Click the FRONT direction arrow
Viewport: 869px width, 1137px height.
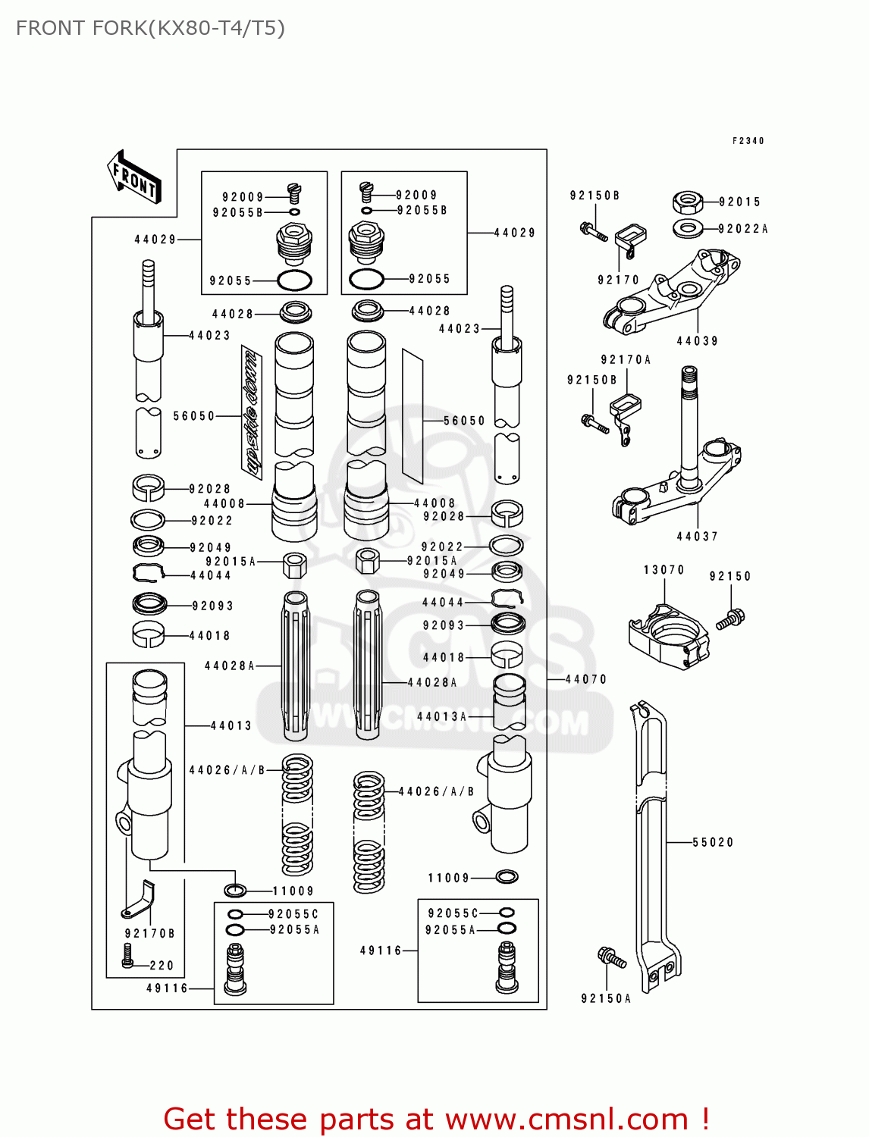(134, 177)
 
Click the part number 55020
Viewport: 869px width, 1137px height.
(713, 842)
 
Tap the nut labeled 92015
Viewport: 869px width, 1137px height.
(687, 202)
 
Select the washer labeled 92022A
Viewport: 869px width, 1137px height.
(688, 227)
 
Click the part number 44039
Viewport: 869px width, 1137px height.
(697, 341)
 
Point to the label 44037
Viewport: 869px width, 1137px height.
(697, 537)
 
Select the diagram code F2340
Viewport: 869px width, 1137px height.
(748, 141)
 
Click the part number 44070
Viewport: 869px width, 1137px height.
(586, 679)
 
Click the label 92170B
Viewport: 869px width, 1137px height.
(149, 934)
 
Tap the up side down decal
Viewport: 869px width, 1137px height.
(252, 413)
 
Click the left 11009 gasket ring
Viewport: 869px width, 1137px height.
(235, 890)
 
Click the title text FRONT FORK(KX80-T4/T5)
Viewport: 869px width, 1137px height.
(150, 28)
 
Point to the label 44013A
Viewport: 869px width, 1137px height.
(441, 716)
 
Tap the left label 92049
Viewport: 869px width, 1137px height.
(210, 547)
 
